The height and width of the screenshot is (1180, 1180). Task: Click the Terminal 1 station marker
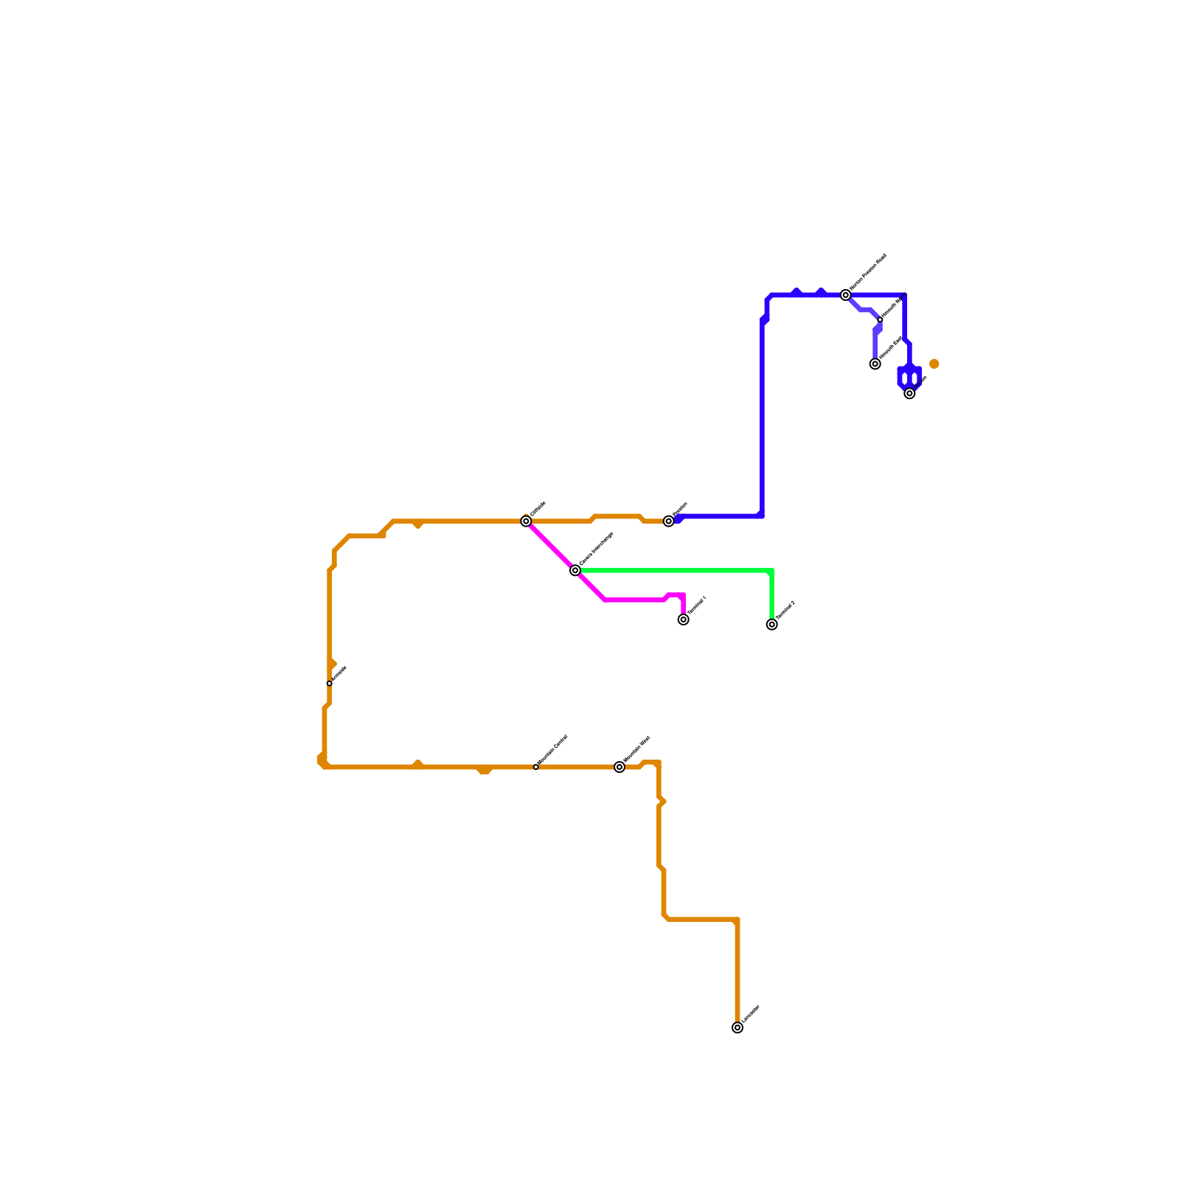point(683,619)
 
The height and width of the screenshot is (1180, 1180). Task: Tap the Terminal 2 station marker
point(771,625)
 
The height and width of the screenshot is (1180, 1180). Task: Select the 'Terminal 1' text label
point(697,605)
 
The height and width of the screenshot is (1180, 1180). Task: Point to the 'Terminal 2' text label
point(785,610)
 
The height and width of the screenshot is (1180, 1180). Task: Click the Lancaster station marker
point(737,1028)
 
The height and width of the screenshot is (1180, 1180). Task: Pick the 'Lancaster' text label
point(751,1014)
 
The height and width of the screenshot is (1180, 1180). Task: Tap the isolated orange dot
point(934,364)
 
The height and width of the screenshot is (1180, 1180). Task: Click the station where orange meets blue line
point(668,521)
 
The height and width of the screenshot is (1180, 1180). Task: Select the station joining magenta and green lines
point(575,570)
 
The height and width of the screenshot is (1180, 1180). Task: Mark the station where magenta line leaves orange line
point(526,521)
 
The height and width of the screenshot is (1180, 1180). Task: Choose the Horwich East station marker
point(875,364)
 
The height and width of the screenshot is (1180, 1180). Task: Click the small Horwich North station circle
point(880,319)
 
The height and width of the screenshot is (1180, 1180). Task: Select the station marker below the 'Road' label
point(846,295)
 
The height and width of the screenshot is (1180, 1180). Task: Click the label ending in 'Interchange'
point(596,549)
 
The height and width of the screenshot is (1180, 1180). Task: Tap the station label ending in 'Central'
point(552,749)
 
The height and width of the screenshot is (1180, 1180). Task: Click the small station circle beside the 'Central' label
point(536,767)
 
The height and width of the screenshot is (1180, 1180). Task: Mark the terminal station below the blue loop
point(909,393)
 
